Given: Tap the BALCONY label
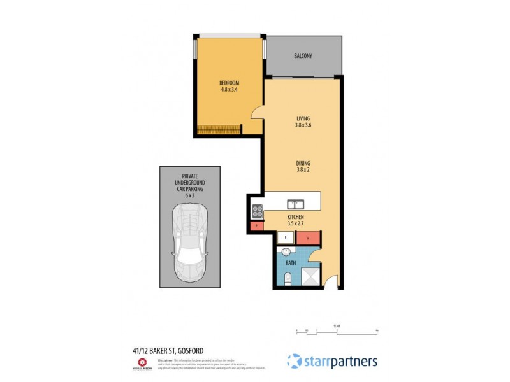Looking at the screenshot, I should point(303,56).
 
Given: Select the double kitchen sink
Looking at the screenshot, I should point(295,204).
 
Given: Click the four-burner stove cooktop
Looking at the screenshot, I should point(258,209).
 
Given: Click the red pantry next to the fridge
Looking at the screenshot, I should point(308,237).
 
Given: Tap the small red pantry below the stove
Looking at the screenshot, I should point(256,225).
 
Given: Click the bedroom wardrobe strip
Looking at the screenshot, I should point(219,130).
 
